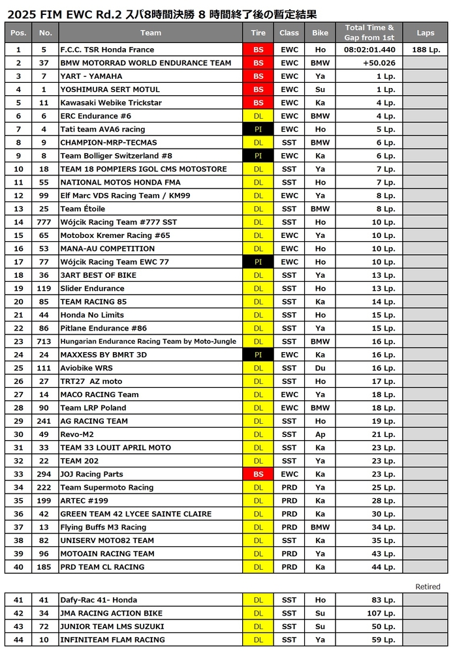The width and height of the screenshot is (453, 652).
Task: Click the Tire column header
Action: pos(258,33)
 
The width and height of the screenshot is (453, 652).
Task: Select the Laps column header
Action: pos(426,33)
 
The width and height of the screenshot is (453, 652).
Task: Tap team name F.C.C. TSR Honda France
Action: pos(107,50)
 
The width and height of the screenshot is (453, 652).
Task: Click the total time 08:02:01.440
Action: pos(369,50)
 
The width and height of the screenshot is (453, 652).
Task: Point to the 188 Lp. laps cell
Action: pos(426,50)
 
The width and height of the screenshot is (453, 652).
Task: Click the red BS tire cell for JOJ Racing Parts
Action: pos(258,474)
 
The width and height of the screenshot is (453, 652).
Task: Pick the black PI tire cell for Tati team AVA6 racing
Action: pos(258,129)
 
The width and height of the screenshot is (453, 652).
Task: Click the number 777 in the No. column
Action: pos(44,222)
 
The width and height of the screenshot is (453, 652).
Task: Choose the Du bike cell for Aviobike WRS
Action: pos(320,368)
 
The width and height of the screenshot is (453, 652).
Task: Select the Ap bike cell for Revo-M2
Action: pos(320,434)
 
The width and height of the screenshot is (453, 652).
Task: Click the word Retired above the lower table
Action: pos(428,587)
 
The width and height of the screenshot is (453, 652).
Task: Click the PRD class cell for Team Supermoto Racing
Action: pos(289,487)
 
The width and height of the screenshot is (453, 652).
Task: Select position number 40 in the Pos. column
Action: pos(18,567)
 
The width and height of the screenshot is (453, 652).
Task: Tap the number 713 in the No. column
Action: pos(44,341)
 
